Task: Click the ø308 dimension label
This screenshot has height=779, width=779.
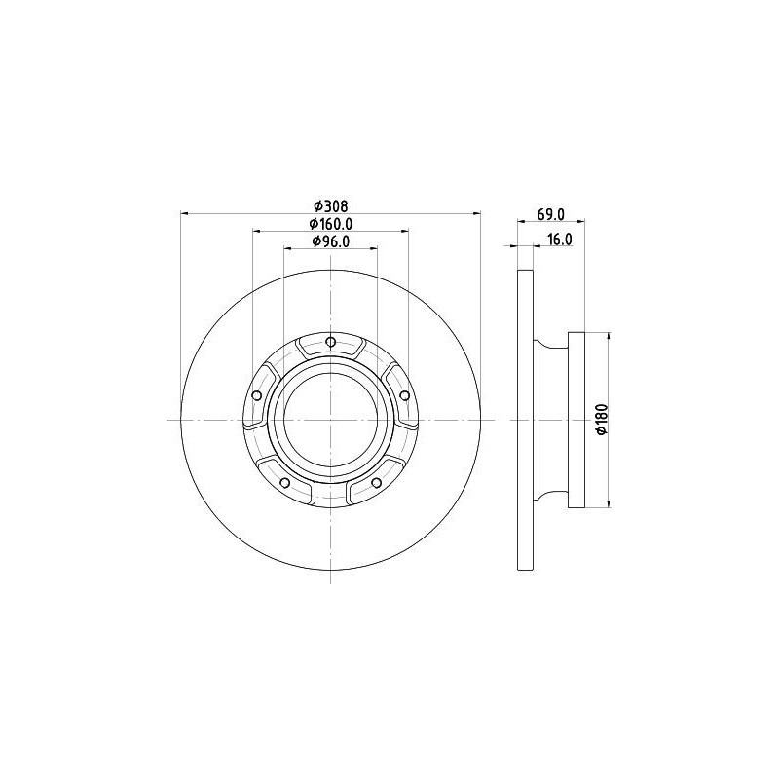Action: [x=330, y=205]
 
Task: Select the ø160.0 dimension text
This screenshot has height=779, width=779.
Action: [x=330, y=224]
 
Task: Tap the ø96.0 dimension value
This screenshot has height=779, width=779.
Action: [x=330, y=241]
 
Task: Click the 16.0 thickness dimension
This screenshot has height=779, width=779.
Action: [x=559, y=239]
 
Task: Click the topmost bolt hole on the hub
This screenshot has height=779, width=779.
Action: [x=331, y=342]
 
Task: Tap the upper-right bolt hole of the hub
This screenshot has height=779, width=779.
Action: [x=404, y=394]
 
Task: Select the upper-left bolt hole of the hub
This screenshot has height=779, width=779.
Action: [x=256, y=395]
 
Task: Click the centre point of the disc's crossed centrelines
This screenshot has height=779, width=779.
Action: [x=331, y=420]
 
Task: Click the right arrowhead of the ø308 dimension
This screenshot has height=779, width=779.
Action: [x=477, y=213]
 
